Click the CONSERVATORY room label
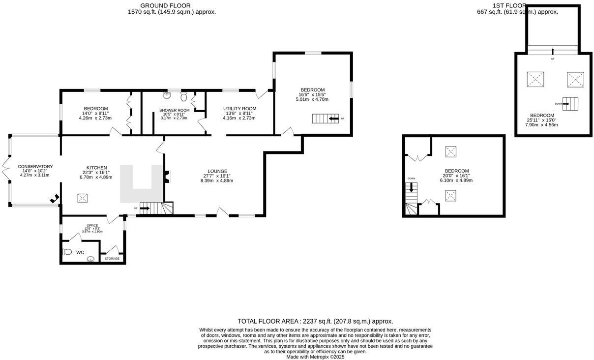(x=35, y=167)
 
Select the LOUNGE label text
(x=217, y=171)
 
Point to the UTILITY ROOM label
(x=239, y=109)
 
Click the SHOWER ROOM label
(x=174, y=110)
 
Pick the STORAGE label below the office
(x=112, y=258)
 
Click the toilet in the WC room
(x=67, y=252)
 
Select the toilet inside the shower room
(x=184, y=96)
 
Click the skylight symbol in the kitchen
(x=82, y=198)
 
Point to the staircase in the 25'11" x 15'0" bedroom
(x=570, y=104)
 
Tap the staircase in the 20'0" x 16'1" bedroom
(x=411, y=199)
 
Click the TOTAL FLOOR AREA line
(x=315, y=321)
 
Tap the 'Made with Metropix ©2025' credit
(x=315, y=357)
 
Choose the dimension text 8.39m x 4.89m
(x=217, y=180)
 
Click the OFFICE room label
(x=92, y=226)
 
